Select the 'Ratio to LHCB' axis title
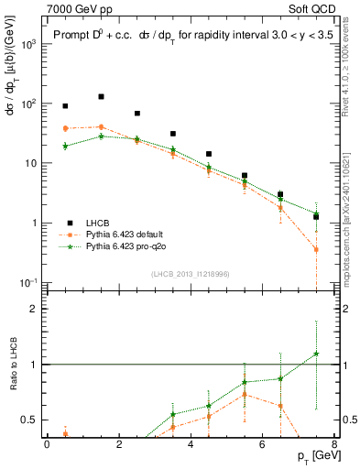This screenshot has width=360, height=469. click(x=12, y=365)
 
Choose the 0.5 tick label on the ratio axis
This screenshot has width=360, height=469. click(x=31, y=420)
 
